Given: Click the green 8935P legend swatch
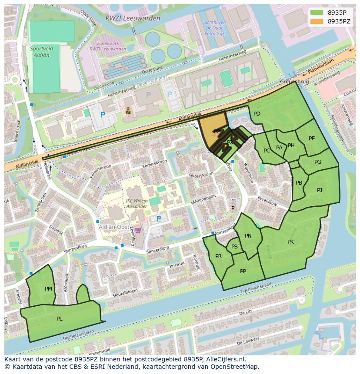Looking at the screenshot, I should [317, 13].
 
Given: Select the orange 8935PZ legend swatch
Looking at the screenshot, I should [317, 21].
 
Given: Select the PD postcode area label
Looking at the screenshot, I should [257, 114].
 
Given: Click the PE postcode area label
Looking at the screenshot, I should [312, 139].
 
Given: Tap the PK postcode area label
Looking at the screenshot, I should [290, 242].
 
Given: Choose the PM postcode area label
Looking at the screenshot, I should [48, 288].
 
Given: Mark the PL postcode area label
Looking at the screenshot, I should [59, 319].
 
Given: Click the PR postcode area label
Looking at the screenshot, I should [218, 256].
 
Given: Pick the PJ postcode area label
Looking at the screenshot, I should [320, 190].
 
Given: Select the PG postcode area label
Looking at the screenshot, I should [318, 162].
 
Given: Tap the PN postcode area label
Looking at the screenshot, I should [248, 236].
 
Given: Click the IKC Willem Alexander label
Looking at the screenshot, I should [136, 203].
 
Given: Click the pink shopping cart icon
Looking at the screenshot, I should [138, 231].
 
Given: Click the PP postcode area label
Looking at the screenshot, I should [243, 271].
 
